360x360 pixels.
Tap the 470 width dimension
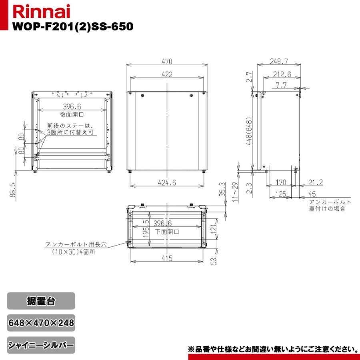(167, 62)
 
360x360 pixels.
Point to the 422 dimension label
(167, 74)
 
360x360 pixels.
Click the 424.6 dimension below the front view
(167, 182)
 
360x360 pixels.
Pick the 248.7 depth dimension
(279, 62)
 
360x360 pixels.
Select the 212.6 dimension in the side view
(282, 74)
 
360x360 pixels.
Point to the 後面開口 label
(73, 114)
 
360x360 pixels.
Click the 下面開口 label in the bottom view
(167, 231)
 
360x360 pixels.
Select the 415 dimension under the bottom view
(167, 258)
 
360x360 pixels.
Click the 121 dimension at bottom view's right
(214, 229)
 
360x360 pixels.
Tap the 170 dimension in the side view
(281, 183)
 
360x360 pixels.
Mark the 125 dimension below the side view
(281, 194)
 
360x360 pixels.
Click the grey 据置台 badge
(41, 301)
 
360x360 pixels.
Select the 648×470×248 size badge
(41, 323)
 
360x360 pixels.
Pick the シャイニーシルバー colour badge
(41, 345)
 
